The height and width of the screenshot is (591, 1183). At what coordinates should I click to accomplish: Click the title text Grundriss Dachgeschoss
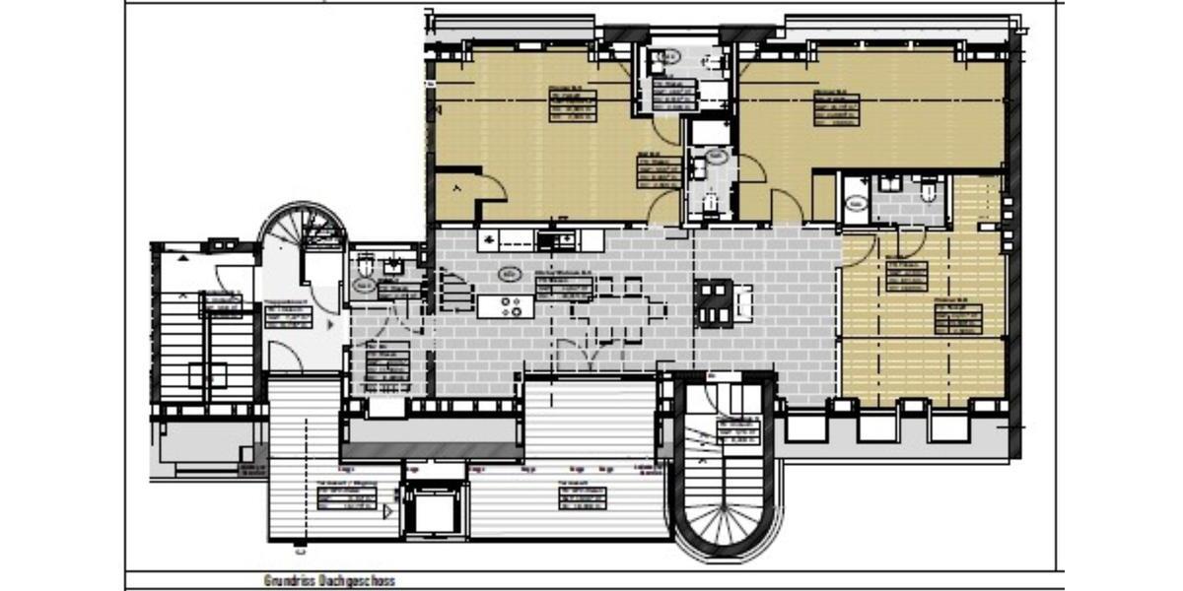(x=329, y=581)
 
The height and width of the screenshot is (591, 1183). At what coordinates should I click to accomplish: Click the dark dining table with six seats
(x=714, y=303)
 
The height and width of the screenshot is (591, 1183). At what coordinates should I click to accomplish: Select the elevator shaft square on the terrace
(x=431, y=510)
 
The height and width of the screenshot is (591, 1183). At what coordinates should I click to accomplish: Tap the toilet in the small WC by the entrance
(x=365, y=267)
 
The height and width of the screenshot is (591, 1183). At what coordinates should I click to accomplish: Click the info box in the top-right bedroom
(x=836, y=107)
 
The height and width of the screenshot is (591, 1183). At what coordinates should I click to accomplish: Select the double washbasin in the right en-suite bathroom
(x=890, y=184)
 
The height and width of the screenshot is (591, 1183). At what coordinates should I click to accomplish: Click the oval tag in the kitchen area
(x=510, y=274)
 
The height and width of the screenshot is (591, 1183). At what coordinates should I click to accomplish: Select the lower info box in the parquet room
(x=959, y=318)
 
